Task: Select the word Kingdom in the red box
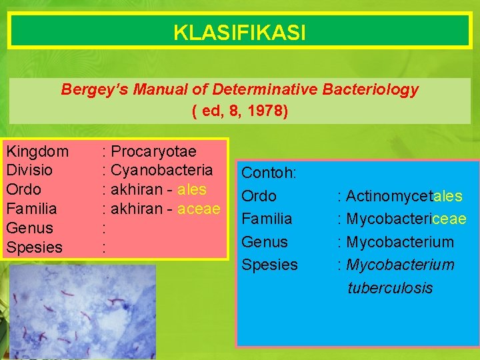pyautogui.click(x=37, y=151)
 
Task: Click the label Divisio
pyautogui.click(x=29, y=170)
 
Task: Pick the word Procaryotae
pyautogui.click(x=153, y=151)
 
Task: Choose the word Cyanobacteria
pyautogui.click(x=162, y=170)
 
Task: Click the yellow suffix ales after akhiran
pyautogui.click(x=192, y=189)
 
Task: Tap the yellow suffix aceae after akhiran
pyautogui.click(x=199, y=209)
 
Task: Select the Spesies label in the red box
pyautogui.click(x=34, y=247)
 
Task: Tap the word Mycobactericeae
pyautogui.click(x=406, y=219)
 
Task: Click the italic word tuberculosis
pyautogui.click(x=390, y=288)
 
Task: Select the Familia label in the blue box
pyautogui.click(x=267, y=219)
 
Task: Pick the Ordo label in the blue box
pyautogui.click(x=259, y=197)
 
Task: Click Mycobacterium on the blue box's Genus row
pyautogui.click(x=400, y=242)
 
